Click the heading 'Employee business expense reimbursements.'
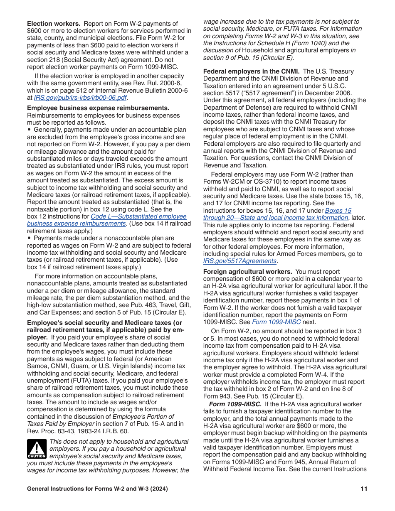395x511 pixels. click(x=98, y=108)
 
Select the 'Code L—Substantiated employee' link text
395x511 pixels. click(x=138, y=216)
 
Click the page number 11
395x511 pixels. click(x=364, y=489)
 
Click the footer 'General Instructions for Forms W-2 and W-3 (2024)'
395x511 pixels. click(x=97, y=489)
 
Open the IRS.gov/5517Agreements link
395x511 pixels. click(x=240, y=261)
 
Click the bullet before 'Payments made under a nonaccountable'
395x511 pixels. click(x=29, y=238)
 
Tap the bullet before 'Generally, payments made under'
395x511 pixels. click(x=29, y=130)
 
